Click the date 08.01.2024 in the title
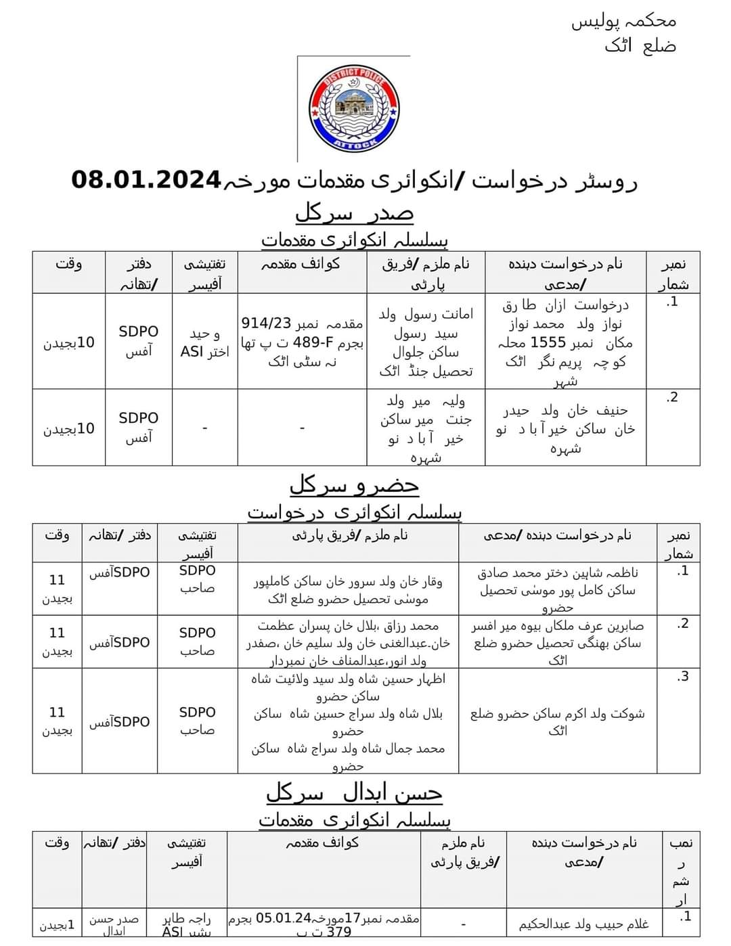click(146, 180)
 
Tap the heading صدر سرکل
click(354, 212)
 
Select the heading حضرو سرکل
click(354, 485)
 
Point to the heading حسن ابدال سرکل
click(354, 792)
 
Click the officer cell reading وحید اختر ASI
click(205, 342)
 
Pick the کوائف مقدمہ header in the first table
click(301, 265)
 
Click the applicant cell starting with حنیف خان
click(566, 428)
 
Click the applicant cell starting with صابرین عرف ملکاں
click(557, 642)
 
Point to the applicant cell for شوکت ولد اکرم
click(557, 721)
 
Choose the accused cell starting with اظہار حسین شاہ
click(348, 721)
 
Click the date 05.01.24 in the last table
click(283, 918)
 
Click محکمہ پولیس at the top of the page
click(623, 22)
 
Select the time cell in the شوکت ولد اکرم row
click(57, 721)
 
